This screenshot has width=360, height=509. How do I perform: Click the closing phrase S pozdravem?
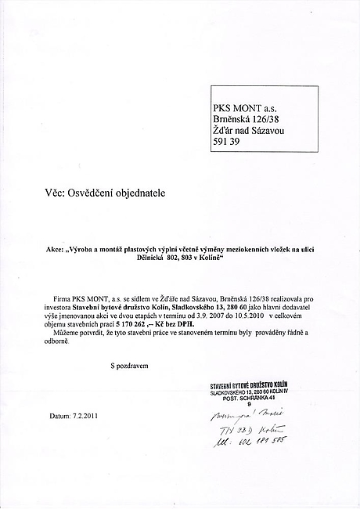tap(128, 365)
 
